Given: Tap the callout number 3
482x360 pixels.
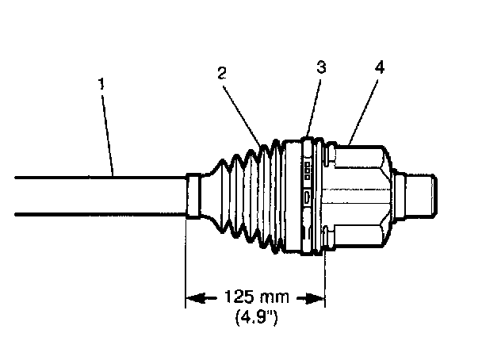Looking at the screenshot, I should coord(319,67).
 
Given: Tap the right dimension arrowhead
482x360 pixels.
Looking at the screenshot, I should coord(316,298).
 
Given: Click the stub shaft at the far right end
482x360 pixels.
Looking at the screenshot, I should coord(421,195).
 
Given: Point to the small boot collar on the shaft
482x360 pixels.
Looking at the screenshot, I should coord(194,196).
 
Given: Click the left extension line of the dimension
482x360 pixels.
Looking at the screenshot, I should coord(186,262).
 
